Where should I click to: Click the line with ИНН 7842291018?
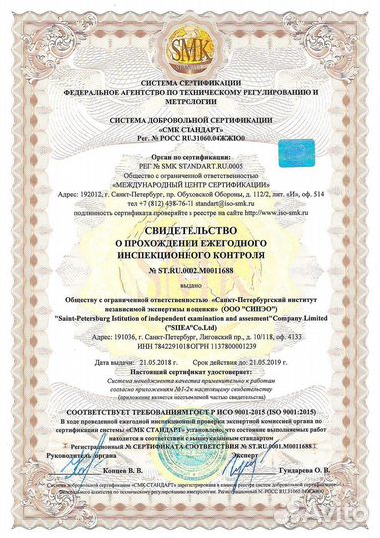190,346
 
